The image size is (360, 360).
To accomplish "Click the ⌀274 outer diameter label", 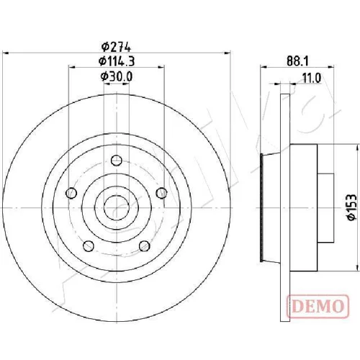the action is point(116,47).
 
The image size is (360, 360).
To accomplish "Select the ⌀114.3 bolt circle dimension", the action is point(117,61).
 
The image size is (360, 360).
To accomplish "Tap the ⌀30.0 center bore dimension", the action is point(117,76).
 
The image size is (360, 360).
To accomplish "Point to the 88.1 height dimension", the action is point(297,61).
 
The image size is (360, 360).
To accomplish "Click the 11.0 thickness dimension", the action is point(312,78).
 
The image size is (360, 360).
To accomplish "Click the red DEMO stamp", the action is point(318,306).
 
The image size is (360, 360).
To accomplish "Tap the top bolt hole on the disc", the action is point(117,161).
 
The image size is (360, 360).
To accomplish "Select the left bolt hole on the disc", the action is point(71,193).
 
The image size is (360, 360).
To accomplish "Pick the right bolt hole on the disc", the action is point(161,193).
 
